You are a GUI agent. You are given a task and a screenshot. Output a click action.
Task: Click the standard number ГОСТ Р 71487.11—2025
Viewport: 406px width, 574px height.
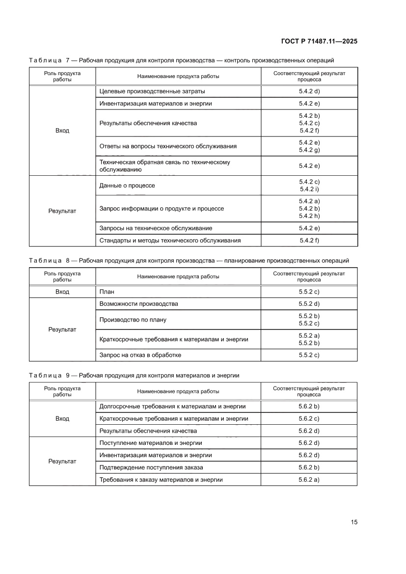tap(319, 41)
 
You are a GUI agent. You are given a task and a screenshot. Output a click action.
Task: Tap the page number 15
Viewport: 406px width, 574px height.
tap(353, 522)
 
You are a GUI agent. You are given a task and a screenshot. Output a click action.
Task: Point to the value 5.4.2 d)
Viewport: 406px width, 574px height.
tap(309, 91)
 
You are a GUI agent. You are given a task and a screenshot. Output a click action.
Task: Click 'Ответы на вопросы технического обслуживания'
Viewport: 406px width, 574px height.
tap(168, 146)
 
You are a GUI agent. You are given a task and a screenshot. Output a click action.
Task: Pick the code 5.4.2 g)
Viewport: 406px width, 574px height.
tap(309, 150)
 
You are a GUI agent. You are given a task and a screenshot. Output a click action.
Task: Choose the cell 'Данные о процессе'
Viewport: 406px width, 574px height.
tap(127, 186)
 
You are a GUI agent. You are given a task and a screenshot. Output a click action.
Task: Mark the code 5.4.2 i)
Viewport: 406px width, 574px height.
tap(309, 189)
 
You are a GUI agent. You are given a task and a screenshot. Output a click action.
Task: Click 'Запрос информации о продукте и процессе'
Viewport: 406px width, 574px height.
tap(162, 209)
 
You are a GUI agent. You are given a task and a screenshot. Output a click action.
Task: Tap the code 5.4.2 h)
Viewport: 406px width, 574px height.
tap(309, 216)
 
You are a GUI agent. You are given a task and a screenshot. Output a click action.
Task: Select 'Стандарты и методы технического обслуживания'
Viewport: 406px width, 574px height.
tap(170, 241)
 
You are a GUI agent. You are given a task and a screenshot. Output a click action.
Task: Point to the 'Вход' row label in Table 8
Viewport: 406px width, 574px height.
tap(62, 292)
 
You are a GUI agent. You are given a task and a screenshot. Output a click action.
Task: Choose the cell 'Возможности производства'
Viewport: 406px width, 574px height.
tap(138, 304)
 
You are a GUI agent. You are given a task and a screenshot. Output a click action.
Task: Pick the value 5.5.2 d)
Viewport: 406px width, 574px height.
tap(309, 304)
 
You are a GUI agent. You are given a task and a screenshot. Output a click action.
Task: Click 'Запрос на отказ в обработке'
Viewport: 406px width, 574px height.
tap(143, 355)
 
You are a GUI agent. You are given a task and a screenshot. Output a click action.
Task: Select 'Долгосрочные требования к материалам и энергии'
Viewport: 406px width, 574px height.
tap(172, 407)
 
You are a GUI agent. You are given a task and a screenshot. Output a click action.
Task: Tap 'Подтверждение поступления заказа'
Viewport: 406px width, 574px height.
tap(151, 467)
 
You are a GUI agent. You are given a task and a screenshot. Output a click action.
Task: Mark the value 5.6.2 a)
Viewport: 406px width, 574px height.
tap(309, 480)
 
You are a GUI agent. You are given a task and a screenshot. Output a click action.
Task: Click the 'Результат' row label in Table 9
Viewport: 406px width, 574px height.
tap(62, 462)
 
